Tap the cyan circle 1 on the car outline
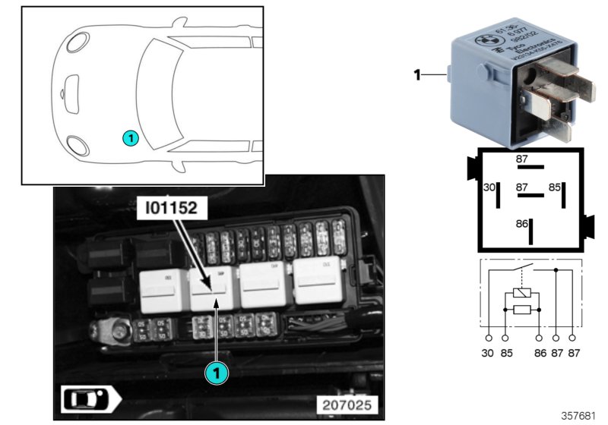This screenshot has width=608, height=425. click(130, 138)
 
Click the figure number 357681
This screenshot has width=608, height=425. click(579, 416)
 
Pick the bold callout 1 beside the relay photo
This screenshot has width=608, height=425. click(416, 75)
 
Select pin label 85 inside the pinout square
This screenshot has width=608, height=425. click(556, 187)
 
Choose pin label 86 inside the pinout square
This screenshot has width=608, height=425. click(521, 225)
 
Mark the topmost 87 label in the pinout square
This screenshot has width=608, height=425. click(522, 159)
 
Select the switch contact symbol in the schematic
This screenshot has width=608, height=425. click(521, 268)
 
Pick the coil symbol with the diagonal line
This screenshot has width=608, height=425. click(522, 293)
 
